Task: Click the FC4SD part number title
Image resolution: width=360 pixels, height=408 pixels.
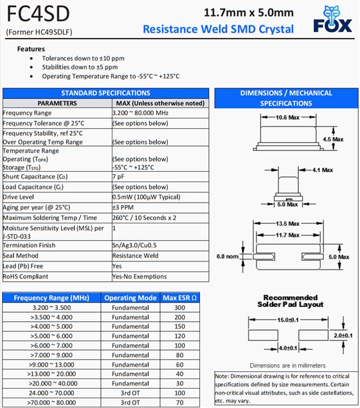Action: pyautogui.click(x=38, y=14)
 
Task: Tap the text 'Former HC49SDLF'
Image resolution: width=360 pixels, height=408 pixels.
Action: pyautogui.click(x=39, y=32)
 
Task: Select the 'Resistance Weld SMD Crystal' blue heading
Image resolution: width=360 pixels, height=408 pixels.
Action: pyautogui.click(x=218, y=29)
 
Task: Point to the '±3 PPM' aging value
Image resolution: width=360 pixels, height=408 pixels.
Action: pyautogui.click(x=123, y=207)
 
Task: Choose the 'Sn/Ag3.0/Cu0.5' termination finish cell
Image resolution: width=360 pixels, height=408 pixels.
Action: pyautogui.click(x=134, y=245)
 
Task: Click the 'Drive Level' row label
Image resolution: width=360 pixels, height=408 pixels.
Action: pyautogui.click(x=18, y=197)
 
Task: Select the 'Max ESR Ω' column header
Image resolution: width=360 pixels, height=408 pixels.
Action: pyautogui.click(x=179, y=298)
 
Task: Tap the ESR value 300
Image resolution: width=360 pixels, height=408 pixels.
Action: pyautogui.click(x=179, y=308)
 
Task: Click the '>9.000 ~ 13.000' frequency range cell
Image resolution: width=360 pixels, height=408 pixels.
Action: pyautogui.click(x=51, y=364)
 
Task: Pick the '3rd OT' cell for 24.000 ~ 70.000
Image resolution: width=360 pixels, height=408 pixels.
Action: pyautogui.click(x=130, y=393)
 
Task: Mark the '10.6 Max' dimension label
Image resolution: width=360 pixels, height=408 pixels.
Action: pyautogui.click(x=287, y=117)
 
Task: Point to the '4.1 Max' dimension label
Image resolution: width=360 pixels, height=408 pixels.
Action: pyautogui.click(x=323, y=170)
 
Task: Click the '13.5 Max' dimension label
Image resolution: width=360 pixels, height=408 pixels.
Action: pyautogui.click(x=287, y=223)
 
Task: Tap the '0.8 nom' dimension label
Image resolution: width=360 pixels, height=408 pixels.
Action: pyautogui.click(x=228, y=257)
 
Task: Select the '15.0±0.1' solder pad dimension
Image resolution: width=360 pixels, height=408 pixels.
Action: pyautogui.click(x=288, y=320)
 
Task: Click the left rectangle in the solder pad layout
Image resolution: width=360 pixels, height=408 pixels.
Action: pyautogui.click(x=263, y=335)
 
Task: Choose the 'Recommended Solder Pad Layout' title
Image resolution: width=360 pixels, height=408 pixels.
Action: pyautogui.click(x=291, y=301)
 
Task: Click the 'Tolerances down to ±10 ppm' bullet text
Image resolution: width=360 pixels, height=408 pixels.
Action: pyautogui.click(x=83, y=59)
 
